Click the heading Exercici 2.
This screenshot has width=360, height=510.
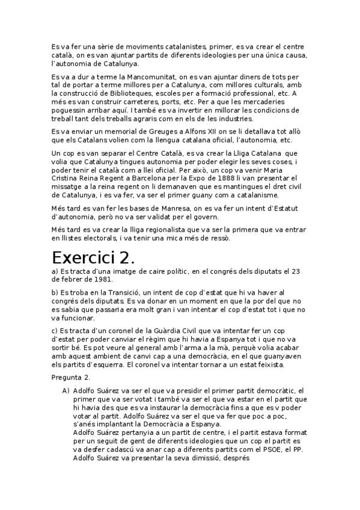click(x=93, y=257)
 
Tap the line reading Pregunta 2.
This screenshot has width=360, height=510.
click(x=71, y=376)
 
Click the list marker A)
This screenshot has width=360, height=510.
click(x=66, y=390)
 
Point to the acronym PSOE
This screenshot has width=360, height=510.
click(x=273, y=450)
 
